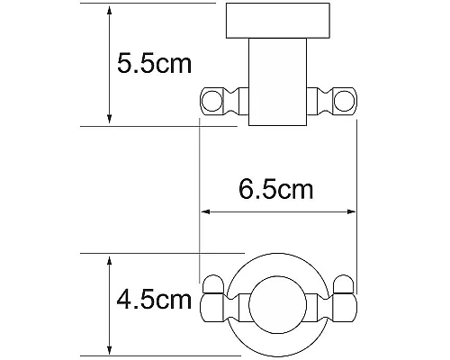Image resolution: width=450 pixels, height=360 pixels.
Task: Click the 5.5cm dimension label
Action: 155,65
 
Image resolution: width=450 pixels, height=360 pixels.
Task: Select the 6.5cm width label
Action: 275,190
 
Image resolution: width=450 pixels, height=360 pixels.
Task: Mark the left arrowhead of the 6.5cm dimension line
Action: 204,213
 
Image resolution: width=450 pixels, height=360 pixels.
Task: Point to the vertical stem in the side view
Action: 278,81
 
